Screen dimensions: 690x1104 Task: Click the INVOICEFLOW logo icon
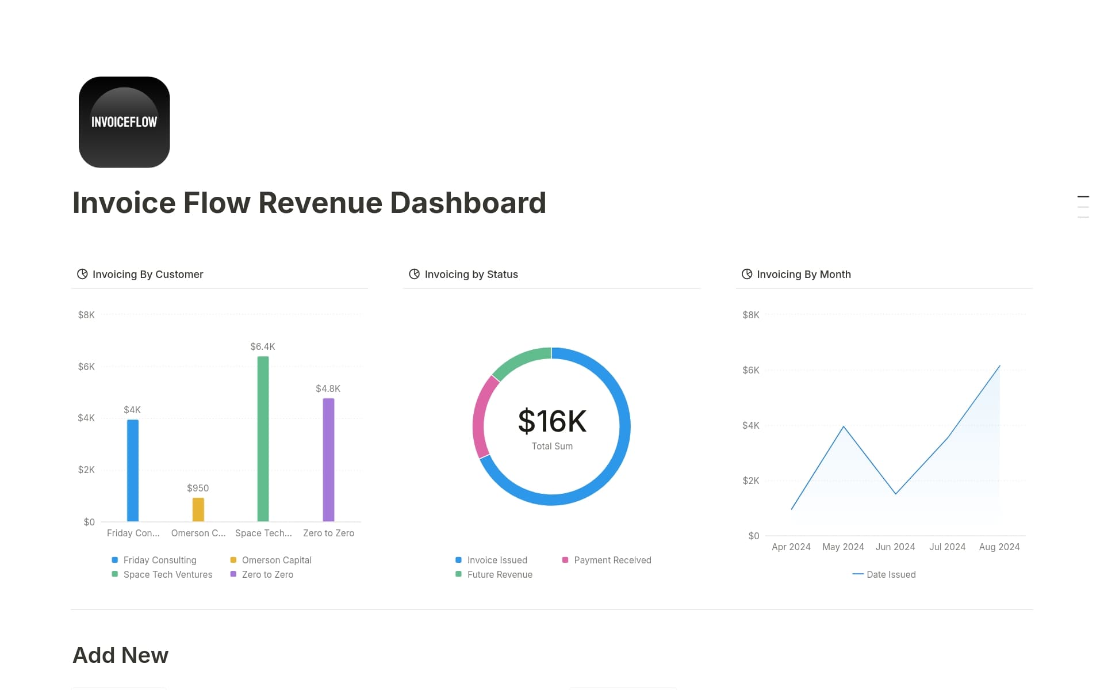(x=124, y=122)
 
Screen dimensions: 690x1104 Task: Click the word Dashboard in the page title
(x=467, y=203)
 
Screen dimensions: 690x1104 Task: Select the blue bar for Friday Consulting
(x=133, y=470)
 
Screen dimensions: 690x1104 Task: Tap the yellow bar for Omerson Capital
(x=198, y=509)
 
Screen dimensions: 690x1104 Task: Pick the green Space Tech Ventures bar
(x=263, y=439)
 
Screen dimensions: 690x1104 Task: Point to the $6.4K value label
(x=263, y=346)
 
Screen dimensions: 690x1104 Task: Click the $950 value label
(x=198, y=488)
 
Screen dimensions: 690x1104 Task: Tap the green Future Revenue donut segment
(x=519, y=359)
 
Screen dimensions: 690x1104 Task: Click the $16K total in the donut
(x=552, y=421)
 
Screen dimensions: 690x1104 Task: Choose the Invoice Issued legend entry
(x=497, y=560)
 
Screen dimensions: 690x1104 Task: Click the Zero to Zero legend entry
(x=267, y=574)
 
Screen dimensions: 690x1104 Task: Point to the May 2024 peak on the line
(x=844, y=426)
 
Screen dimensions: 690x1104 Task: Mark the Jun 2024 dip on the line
(x=895, y=494)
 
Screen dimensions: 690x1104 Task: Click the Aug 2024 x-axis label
(x=999, y=547)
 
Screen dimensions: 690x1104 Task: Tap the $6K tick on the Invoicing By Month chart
(x=750, y=370)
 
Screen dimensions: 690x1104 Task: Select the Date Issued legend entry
(x=890, y=574)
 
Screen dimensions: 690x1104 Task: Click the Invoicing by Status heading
(x=471, y=275)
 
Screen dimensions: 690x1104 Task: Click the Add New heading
(x=121, y=655)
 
